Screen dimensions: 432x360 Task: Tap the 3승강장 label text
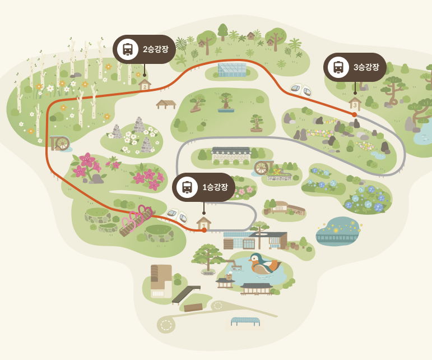[366, 67]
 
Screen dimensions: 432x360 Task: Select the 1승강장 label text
[215, 187]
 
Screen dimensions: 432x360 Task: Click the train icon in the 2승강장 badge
[128, 49]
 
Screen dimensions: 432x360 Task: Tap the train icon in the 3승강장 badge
[338, 67]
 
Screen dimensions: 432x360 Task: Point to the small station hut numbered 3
[355, 104]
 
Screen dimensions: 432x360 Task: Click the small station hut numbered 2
[145, 85]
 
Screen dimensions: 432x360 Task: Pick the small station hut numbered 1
[204, 224]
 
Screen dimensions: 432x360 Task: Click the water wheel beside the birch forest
[59, 143]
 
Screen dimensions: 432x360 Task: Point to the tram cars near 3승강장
[300, 90]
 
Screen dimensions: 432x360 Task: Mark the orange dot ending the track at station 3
[354, 114]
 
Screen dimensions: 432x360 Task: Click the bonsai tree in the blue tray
[226, 103]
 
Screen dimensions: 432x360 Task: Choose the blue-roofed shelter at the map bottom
[245, 321]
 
